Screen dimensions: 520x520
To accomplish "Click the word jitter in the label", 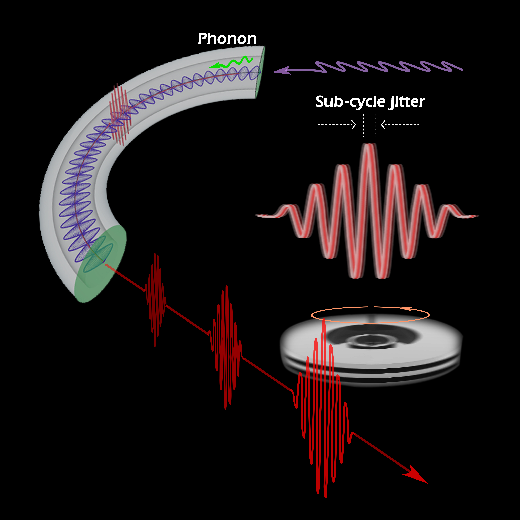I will pos(406,102).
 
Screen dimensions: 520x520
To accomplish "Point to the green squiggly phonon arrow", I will pos(231,62).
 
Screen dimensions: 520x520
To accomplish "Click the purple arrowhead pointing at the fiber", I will pos(281,71).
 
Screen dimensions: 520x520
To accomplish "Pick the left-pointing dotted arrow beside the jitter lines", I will pos(400,125).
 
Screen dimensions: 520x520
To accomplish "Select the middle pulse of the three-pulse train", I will pos(226,347).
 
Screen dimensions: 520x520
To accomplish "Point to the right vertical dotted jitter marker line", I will pos(375,125).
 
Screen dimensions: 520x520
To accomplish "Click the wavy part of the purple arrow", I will pos(388,67).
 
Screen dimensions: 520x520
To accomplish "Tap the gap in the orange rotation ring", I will pos(371,307).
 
